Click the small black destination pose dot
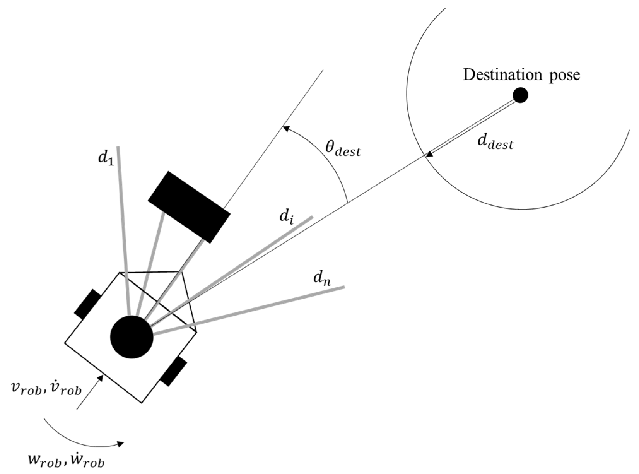point(520,95)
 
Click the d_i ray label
point(286,217)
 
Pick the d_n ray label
point(322,279)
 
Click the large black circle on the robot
point(132,337)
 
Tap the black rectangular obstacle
point(189,207)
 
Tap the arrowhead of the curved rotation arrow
point(120,444)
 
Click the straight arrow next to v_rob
point(90,392)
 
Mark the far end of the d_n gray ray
point(344,287)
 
